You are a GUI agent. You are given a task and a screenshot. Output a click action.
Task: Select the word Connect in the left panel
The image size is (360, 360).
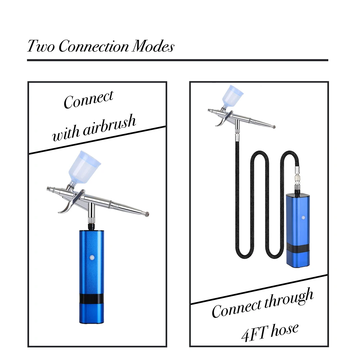pos(89,99)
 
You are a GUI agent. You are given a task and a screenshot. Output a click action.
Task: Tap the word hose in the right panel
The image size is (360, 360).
pos(284,328)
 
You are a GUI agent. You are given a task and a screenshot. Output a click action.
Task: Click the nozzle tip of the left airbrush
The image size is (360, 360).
pos(147,215)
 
